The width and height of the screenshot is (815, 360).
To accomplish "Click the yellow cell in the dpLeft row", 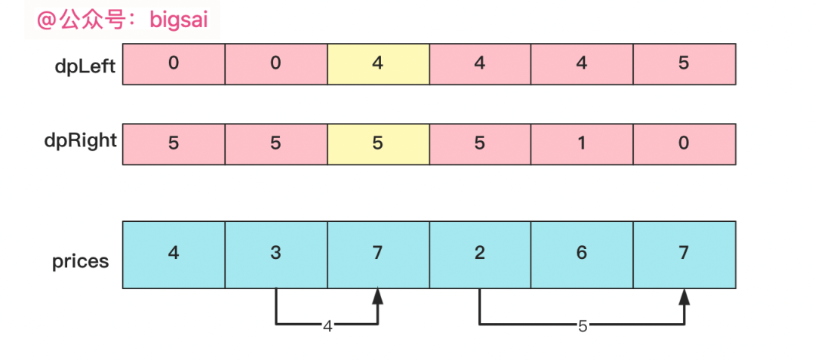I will [x=378, y=64].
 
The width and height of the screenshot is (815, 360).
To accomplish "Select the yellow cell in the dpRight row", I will [x=378, y=144].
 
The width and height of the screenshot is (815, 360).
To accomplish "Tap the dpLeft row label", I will [x=85, y=66].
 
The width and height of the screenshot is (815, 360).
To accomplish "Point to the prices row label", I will [x=80, y=262].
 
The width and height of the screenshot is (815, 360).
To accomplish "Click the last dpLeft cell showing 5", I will [x=684, y=64].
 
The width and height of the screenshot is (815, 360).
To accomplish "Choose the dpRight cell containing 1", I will [x=582, y=144].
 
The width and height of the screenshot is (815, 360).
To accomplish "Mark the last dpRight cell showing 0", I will [x=684, y=144].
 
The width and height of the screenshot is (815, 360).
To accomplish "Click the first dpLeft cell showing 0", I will [x=174, y=64].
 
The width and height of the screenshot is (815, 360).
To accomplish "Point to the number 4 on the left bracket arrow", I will [x=327, y=326].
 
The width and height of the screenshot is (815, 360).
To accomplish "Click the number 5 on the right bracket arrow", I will [x=582, y=326].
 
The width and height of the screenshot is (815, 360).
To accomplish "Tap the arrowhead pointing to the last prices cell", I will [x=684, y=297].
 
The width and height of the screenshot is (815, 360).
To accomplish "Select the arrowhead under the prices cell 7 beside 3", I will [x=378, y=297].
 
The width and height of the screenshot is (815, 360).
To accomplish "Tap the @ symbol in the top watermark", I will [x=48, y=20].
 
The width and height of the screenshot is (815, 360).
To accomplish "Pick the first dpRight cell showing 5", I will [x=174, y=144].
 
